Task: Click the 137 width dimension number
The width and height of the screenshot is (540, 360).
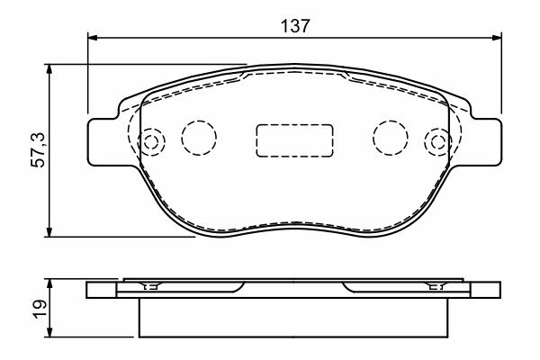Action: point(295,26)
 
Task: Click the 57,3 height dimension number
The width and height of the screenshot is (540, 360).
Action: point(38,149)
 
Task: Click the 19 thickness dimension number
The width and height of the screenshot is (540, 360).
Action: point(40,309)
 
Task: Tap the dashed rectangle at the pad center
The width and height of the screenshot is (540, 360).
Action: point(294,140)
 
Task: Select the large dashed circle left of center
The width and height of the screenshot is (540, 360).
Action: point(199,137)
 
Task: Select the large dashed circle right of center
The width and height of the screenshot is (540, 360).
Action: point(391,137)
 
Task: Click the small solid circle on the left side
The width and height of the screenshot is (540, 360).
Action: point(151,141)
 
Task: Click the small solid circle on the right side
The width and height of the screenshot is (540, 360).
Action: point(438,141)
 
